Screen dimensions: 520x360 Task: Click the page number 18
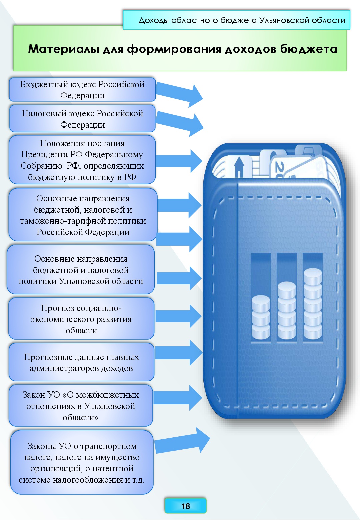pos(185,506)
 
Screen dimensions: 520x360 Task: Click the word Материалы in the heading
pos(64,49)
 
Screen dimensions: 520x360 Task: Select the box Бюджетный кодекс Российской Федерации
pos(82,90)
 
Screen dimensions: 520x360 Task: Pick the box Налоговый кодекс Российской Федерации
pos(82,119)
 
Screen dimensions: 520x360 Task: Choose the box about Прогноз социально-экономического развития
pos(81,319)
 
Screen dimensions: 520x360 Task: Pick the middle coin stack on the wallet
pos(287,310)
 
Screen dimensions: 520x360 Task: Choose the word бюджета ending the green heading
pos(309,49)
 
